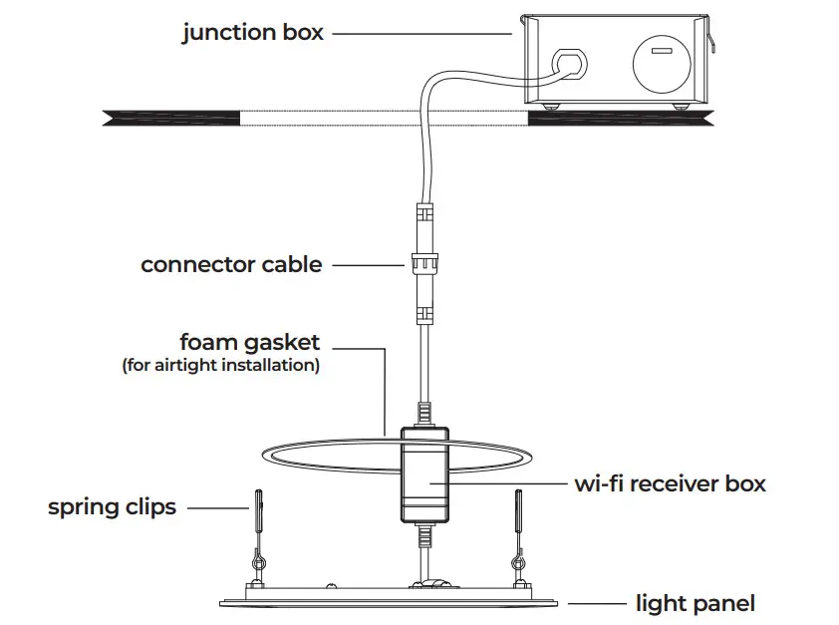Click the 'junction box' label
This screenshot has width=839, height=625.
point(252,33)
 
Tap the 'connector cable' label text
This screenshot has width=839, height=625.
point(231,265)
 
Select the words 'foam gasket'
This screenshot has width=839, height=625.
point(249,343)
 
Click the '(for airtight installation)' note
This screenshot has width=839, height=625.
point(220,366)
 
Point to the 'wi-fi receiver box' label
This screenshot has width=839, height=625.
point(670,484)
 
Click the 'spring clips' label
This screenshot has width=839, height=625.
point(112,507)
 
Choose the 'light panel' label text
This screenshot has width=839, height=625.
point(695,603)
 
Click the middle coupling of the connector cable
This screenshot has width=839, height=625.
point(421,266)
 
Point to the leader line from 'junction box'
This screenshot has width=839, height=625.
point(419,33)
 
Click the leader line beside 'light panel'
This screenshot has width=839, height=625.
point(596,603)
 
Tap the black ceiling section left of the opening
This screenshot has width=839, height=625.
point(169,118)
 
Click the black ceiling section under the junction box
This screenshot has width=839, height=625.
point(618,118)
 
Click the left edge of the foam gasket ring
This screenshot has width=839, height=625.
point(265,455)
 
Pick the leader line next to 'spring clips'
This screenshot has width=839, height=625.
point(217,507)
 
